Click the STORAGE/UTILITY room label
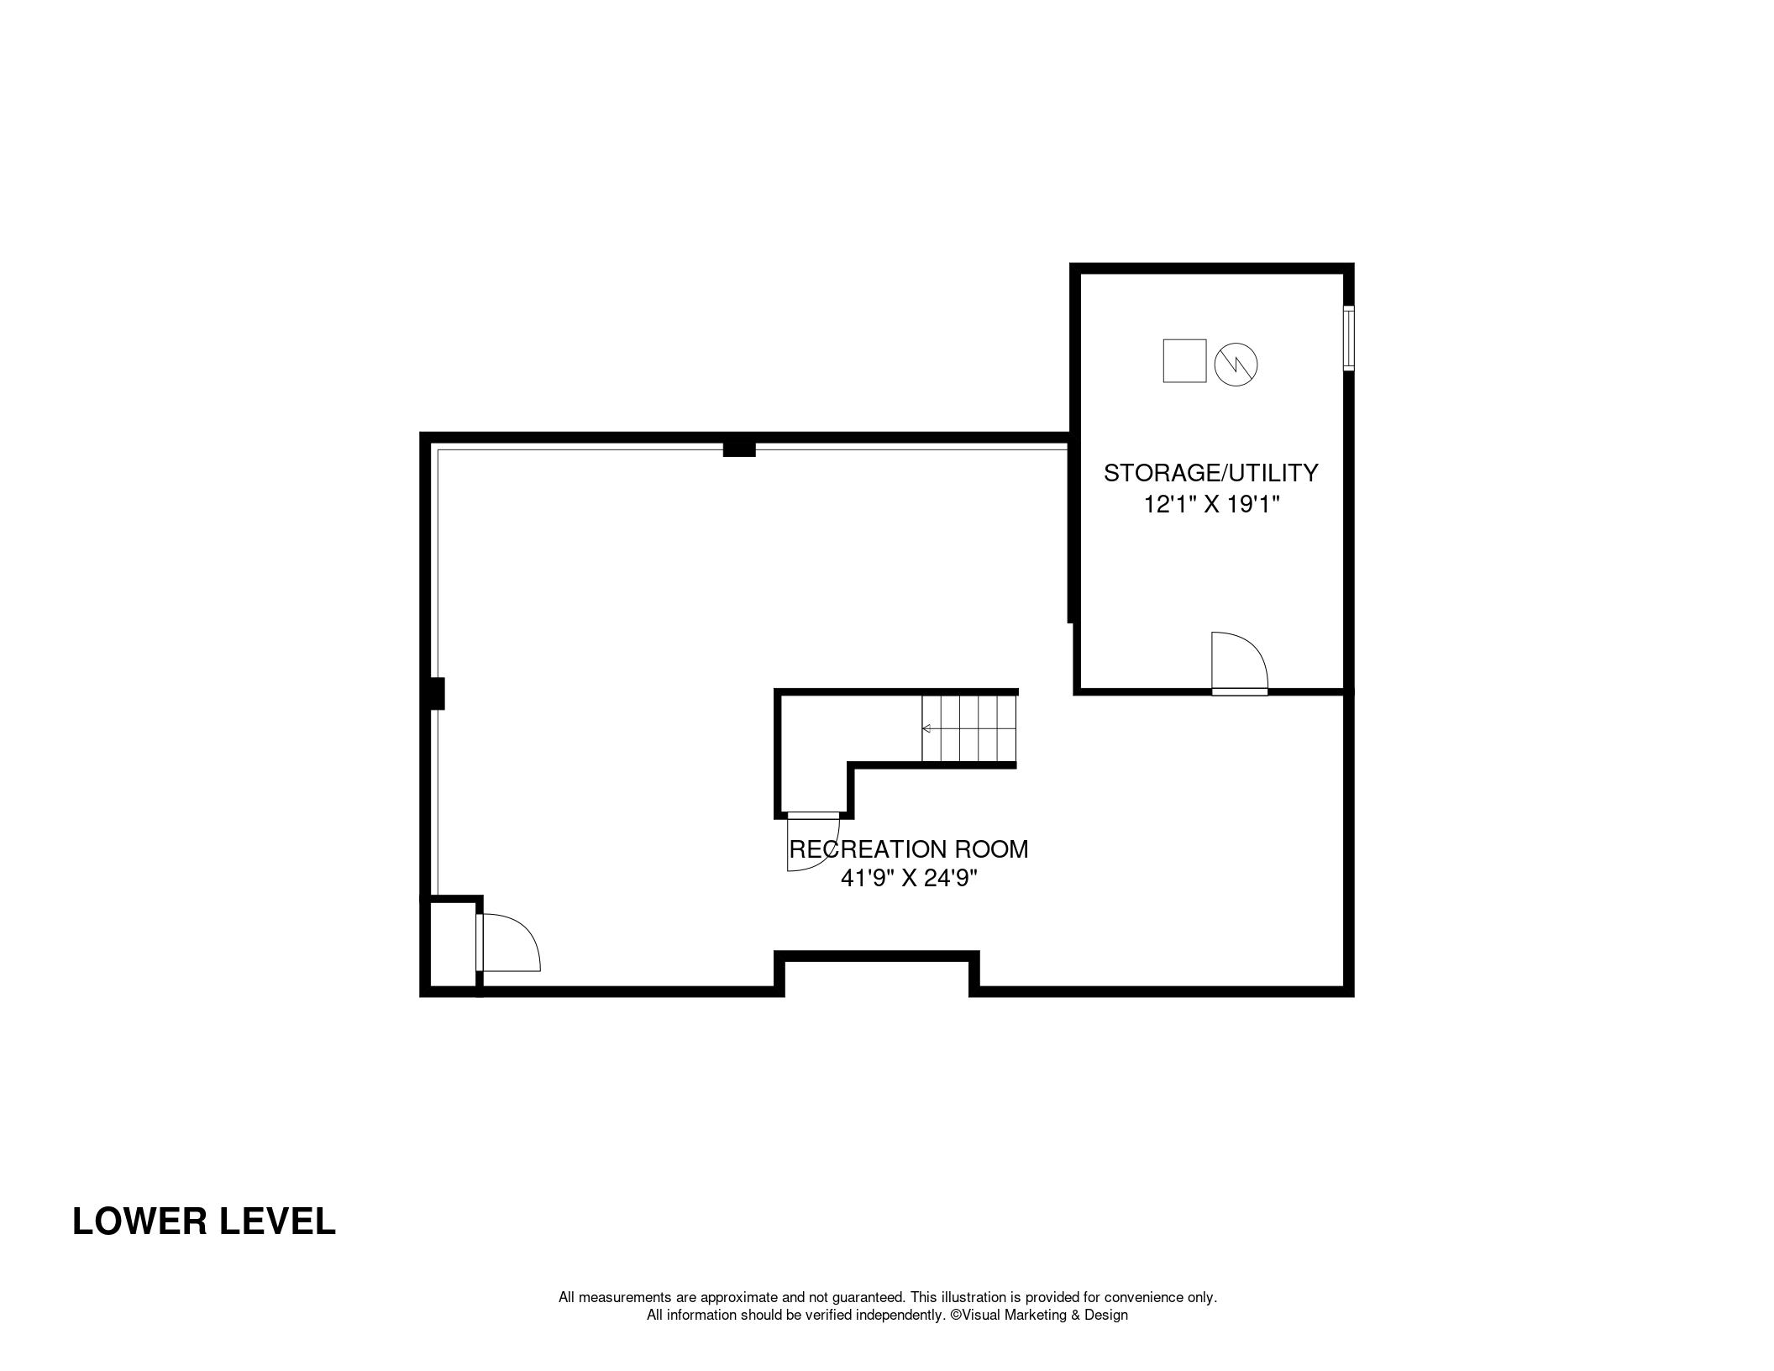pyautogui.click(x=1210, y=473)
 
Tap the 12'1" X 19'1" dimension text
pyautogui.click(x=1211, y=505)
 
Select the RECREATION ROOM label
pyautogui.click(x=908, y=849)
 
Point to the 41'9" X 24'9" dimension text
pyautogui.click(x=910, y=879)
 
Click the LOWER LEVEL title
pyautogui.click(x=204, y=1221)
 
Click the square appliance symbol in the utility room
pyautogui.click(x=1184, y=360)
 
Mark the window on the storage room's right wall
pyautogui.click(x=1348, y=338)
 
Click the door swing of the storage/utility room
pyautogui.click(x=1239, y=662)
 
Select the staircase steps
pyautogui.click(x=969, y=728)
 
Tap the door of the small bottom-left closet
pyautogui.click(x=507, y=943)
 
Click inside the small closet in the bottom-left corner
pyautogui.click(x=453, y=944)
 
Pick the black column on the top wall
pyautogui.click(x=739, y=449)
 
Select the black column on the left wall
pyautogui.click(x=436, y=694)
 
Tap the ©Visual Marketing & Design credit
pyautogui.click(x=1039, y=1315)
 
